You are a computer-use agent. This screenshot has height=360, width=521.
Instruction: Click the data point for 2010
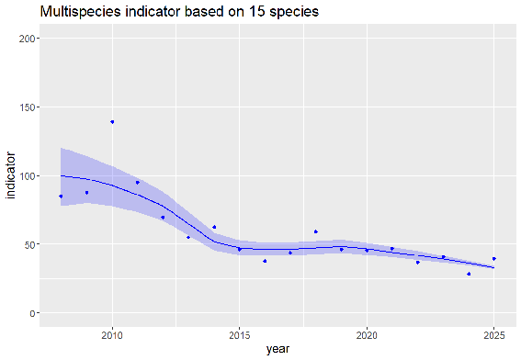pyautogui.click(x=112, y=122)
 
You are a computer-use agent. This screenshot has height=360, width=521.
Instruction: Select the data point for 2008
pyautogui.click(x=61, y=197)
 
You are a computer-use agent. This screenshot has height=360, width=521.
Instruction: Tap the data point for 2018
pyautogui.click(x=316, y=231)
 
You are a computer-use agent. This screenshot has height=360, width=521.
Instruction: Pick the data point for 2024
pyautogui.click(x=469, y=274)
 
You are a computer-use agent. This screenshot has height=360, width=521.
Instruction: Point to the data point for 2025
pyautogui.click(x=494, y=259)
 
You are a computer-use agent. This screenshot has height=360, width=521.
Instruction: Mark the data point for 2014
pyautogui.click(x=214, y=227)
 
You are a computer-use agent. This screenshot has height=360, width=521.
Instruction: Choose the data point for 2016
pyautogui.click(x=265, y=261)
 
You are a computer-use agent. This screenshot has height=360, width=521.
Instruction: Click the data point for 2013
pyautogui.click(x=188, y=237)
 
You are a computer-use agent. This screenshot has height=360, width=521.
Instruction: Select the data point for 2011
pyautogui.click(x=138, y=183)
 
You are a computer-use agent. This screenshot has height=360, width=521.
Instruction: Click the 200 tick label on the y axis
pyautogui.click(x=27, y=39)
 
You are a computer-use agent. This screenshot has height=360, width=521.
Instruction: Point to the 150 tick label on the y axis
pyautogui.click(x=27, y=107)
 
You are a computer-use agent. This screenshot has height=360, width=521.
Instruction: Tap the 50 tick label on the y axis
pyautogui.click(x=29, y=244)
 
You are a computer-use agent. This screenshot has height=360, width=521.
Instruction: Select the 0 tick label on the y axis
pyautogui.click(x=32, y=313)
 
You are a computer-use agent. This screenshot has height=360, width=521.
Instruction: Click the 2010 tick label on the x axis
pyautogui.click(x=112, y=335)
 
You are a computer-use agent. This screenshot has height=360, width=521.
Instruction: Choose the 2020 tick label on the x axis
pyautogui.click(x=367, y=335)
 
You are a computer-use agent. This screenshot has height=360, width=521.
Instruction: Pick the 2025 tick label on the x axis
pyautogui.click(x=494, y=335)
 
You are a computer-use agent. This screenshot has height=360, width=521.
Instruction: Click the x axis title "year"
pyautogui.click(x=277, y=349)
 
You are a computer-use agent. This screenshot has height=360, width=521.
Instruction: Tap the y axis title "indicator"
pyautogui.click(x=11, y=175)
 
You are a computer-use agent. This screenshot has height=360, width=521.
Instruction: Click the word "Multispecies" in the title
pyautogui.click(x=81, y=12)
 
